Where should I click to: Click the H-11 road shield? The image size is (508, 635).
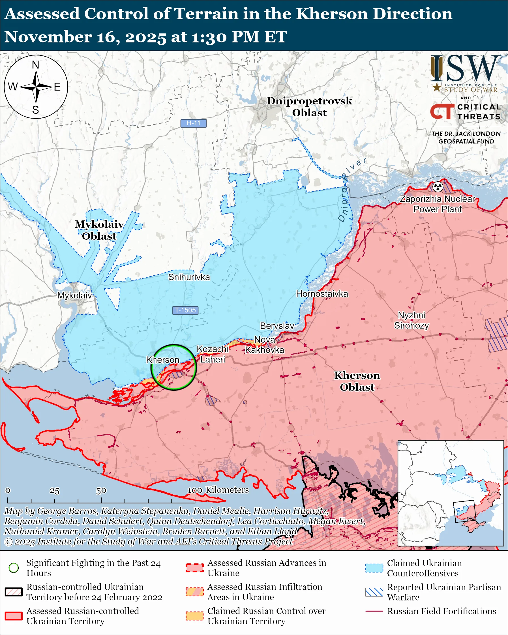pos(193,123)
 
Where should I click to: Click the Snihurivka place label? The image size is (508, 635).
pos(189,277)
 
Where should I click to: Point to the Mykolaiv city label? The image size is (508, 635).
pos(74,295)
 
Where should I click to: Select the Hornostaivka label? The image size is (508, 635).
pos(322,294)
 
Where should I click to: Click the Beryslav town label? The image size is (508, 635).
pos(277,326)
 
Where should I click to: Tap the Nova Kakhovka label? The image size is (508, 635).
pos(264,345)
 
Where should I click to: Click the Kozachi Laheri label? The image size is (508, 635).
pos(212,354)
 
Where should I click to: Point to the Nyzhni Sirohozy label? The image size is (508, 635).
pos(411,320)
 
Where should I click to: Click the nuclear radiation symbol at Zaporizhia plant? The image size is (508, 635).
pos(438,186)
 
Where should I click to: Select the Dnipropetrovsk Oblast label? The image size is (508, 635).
pos(309,107)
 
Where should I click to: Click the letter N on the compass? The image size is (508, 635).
pos(36,65)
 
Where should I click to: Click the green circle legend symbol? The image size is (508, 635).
pos(14,568)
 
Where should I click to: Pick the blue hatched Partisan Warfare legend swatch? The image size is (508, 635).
pos(374,592)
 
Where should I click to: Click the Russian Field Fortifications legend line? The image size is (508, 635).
pos(374,611)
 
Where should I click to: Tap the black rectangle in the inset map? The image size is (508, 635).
pos(464,511)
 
